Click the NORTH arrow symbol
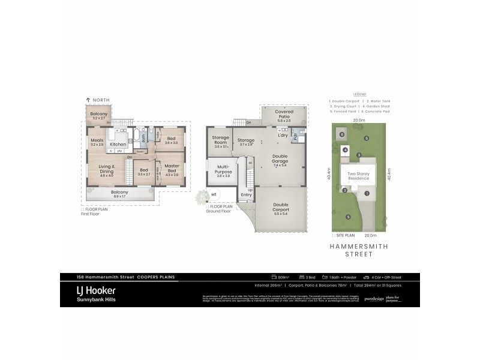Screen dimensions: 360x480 point(89,100)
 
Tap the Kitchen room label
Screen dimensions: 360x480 point(118,144)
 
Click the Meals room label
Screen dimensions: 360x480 point(97,142)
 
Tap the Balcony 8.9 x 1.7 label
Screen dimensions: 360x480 point(119,193)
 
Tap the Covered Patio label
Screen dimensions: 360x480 point(284,115)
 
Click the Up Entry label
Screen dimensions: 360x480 point(246,192)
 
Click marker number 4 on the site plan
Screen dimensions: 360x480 point(346,150)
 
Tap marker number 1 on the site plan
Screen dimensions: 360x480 point(367,193)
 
